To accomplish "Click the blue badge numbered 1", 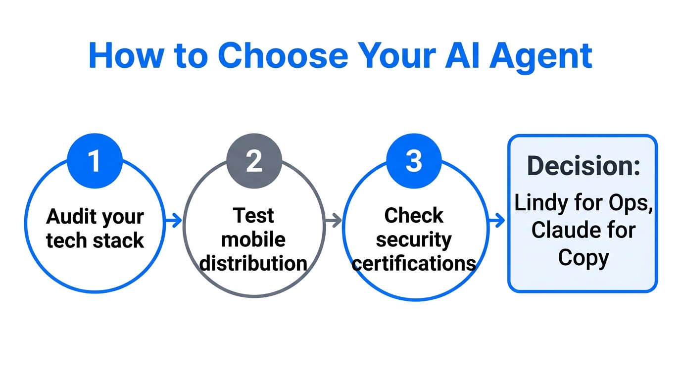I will click(x=94, y=161).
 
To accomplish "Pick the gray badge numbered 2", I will click(x=254, y=161).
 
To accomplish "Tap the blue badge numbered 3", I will click(x=414, y=161).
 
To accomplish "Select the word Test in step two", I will click(x=254, y=216).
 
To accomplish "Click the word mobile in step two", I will click(x=253, y=239).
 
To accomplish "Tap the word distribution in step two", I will click(x=253, y=263).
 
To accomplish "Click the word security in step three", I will click(x=414, y=239).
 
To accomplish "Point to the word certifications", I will click(x=414, y=263).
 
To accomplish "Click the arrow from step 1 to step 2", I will click(x=173, y=221).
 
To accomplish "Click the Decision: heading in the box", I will click(x=583, y=166).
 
